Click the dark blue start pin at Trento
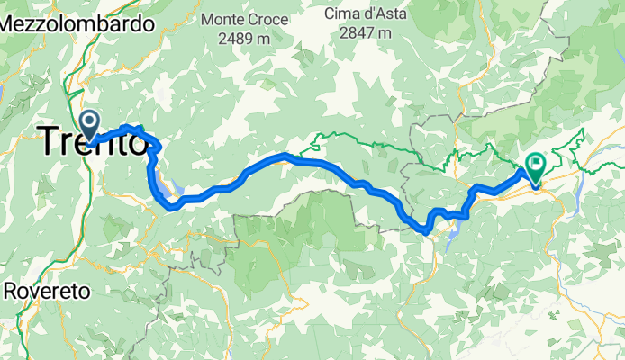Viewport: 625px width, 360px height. pyautogui.click(x=90, y=123)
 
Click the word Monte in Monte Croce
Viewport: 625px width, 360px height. pyautogui.click(x=227, y=18)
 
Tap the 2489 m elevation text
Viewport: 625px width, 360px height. pyautogui.click(x=248, y=39)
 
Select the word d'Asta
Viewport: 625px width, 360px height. pyautogui.click(x=383, y=13)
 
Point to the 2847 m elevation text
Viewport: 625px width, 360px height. pyautogui.click(x=362, y=33)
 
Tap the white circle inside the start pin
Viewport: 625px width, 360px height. pyautogui.click(x=90, y=120)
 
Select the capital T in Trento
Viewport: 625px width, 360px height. pyautogui.click(x=50, y=142)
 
